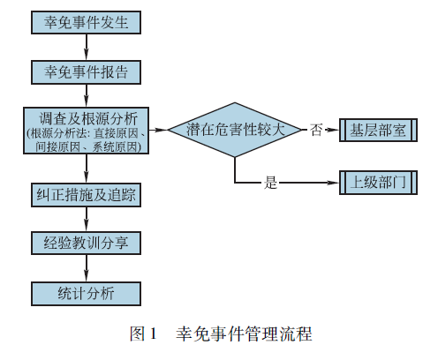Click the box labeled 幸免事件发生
pos(86,22)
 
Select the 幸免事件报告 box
pos(86,72)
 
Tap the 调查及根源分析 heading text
pos(88,118)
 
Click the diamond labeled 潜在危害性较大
pos(235,130)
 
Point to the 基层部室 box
pos(378,130)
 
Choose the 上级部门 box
pos(378,183)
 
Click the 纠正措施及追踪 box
pos(86,195)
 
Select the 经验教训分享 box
pos(86,243)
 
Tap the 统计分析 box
pos(86,294)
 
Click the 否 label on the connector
pos(316,130)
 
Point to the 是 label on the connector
pos(270,183)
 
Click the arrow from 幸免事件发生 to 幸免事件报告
pos(87,48)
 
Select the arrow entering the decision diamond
pos(158,130)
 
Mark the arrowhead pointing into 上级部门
pos(333,183)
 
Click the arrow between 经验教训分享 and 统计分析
pos(87,268)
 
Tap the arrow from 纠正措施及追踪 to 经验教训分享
pos(87,219)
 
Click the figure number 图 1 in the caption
pos(143,334)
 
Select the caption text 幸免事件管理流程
pos(244,334)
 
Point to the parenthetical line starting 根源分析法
pos(87,134)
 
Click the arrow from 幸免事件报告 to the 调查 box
pos(87,95)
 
